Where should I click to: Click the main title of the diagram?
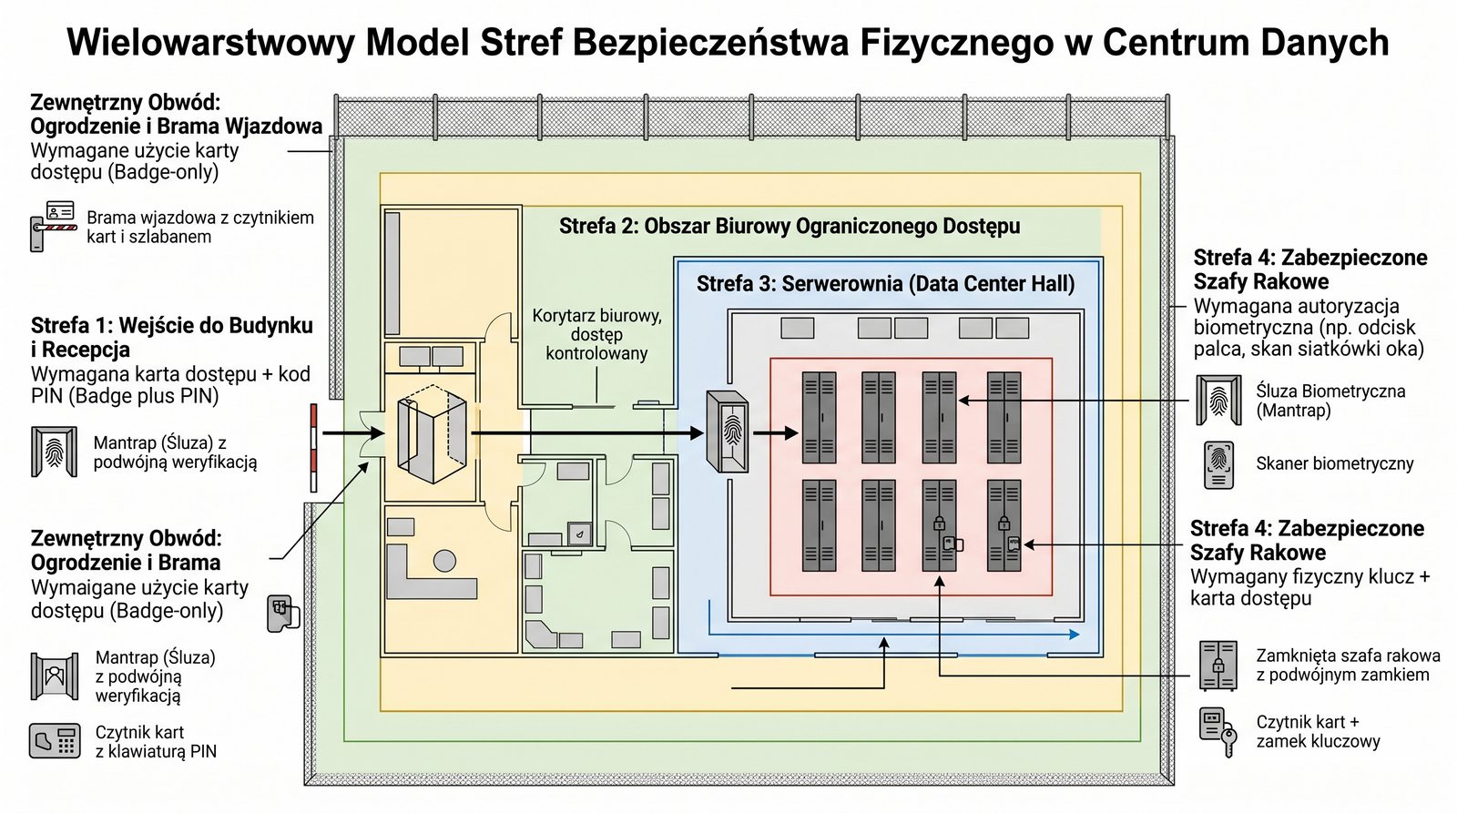(x=728, y=43)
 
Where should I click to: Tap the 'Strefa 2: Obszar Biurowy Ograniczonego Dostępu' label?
(x=789, y=226)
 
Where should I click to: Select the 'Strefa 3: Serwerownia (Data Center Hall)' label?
(x=885, y=284)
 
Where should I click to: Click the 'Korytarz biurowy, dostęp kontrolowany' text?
(x=596, y=334)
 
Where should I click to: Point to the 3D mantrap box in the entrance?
(x=433, y=432)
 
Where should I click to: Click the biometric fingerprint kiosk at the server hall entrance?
(x=728, y=432)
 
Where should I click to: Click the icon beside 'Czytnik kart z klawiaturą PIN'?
(x=54, y=741)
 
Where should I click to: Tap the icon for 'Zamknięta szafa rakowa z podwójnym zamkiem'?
(x=1218, y=665)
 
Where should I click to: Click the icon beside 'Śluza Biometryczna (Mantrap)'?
(x=1218, y=401)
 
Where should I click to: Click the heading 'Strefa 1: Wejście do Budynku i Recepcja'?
(x=171, y=337)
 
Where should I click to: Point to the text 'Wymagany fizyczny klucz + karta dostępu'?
(x=1309, y=587)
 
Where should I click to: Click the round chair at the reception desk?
(x=444, y=560)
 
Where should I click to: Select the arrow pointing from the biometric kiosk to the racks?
(x=775, y=433)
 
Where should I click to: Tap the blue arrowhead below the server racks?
(x=1075, y=634)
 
